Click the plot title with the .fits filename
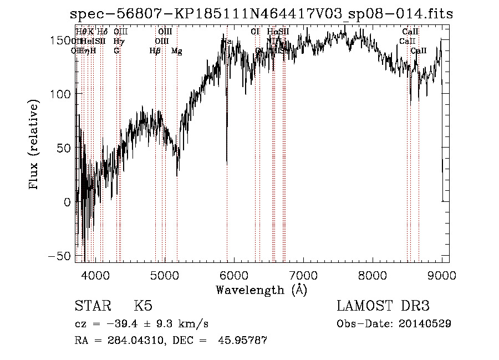[261, 14]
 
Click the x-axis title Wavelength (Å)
[261, 290]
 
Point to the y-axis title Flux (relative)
[34, 146]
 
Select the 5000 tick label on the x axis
[164, 275]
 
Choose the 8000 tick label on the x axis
[372, 275]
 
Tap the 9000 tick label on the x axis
[441, 275]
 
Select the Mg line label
[177, 51]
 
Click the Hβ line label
[155, 51]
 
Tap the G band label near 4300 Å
[116, 50]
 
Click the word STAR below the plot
[93, 306]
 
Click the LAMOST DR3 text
[383, 306]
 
